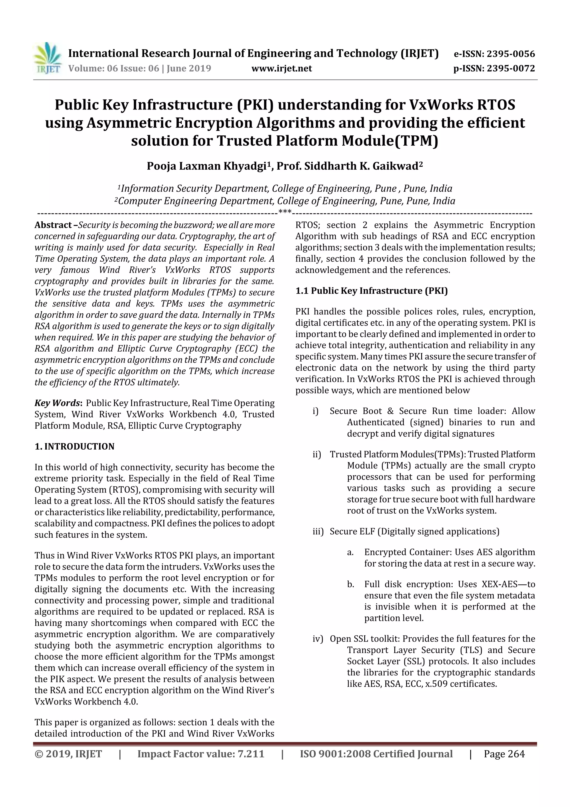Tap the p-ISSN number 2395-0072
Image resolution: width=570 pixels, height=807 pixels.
coord(510,69)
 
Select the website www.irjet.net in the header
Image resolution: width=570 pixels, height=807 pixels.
coord(281,69)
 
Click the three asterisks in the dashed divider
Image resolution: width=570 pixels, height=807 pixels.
coord(284,212)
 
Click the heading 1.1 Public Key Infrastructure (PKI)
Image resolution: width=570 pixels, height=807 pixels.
coord(371,291)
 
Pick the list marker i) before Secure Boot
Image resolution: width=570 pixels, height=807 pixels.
coord(315,411)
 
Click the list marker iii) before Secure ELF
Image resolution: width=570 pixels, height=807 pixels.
coord(318,531)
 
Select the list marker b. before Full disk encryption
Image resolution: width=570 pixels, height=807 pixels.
coord(350,584)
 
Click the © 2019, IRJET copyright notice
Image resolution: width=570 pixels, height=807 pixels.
coord(68,754)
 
